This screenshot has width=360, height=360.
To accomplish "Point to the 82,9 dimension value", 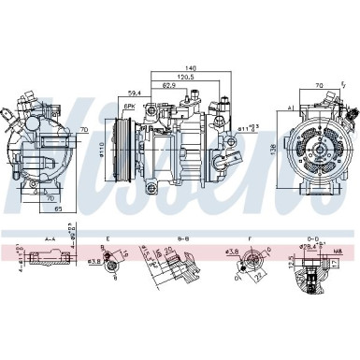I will point(170,84).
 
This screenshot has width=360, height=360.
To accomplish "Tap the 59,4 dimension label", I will point(135,93).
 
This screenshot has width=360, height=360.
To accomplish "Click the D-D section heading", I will point(311,239).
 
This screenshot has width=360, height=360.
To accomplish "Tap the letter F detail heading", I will point(250,240).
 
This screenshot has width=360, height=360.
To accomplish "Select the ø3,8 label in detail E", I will point(94,260).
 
